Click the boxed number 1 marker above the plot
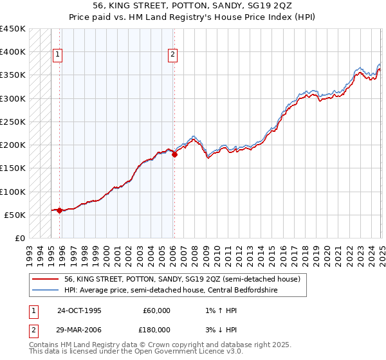(57, 55)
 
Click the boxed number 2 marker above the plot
(173, 55)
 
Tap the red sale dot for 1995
(60, 210)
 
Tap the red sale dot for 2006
(174, 154)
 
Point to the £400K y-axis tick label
(13, 52)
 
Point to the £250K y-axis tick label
(13, 122)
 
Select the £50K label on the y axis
(15, 215)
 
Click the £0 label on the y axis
(21, 238)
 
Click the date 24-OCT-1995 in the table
(80, 310)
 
